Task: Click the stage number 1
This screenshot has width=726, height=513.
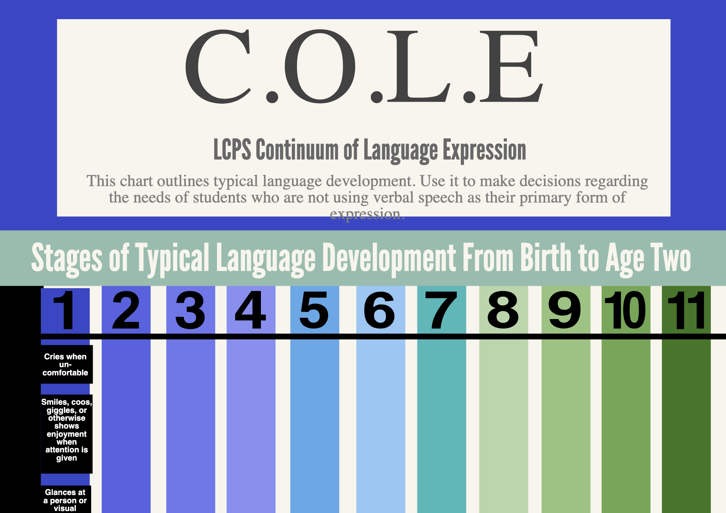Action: pos(65,310)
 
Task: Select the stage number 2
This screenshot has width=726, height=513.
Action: pos(126,310)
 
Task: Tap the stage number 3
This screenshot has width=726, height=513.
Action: pos(190,310)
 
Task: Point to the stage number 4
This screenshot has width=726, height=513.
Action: pos(251,310)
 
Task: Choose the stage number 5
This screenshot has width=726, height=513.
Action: pos(314,310)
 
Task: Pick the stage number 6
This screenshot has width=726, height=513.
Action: pos(379,310)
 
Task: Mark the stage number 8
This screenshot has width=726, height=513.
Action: pos(503,310)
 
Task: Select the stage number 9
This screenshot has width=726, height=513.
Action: pos(564,310)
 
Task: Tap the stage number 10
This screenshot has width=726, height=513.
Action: pos(625,310)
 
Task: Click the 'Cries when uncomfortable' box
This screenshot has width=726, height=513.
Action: pos(66,364)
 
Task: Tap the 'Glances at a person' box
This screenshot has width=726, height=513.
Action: pos(66,499)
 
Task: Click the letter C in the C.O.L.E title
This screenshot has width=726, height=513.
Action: pos(218,66)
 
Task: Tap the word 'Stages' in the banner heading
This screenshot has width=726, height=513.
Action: pos(67,259)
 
